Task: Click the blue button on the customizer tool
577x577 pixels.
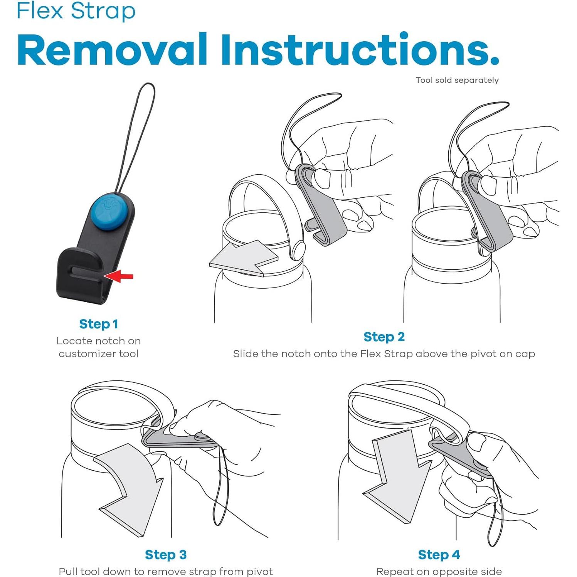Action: [111, 212]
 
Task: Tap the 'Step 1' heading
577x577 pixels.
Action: [99, 324]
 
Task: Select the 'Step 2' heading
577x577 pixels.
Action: [384, 337]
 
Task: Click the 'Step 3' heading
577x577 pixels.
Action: [166, 555]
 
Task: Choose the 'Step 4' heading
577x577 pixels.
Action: [439, 555]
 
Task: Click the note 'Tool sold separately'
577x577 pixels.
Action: [457, 80]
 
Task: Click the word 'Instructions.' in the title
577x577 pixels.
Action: [360, 50]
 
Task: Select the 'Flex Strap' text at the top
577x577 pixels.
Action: [76, 10]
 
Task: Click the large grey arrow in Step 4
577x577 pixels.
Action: [397, 476]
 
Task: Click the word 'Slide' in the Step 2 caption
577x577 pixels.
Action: [246, 354]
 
